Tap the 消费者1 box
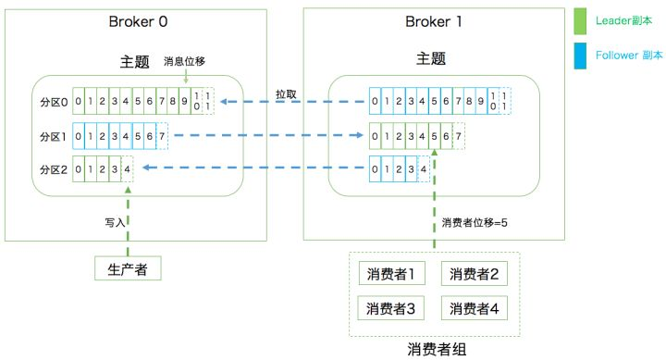pyautogui.click(x=389, y=273)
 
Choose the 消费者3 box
pyautogui.click(x=389, y=307)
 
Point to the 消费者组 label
pyautogui.click(x=434, y=349)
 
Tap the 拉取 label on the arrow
pyautogui.click(x=287, y=93)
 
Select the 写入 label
pyautogui.click(x=115, y=222)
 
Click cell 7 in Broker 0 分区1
pyautogui.click(x=162, y=136)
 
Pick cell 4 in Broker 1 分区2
pyautogui.click(x=423, y=169)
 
